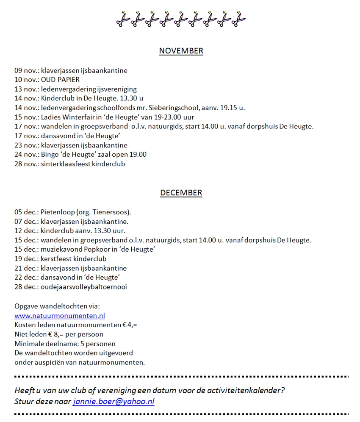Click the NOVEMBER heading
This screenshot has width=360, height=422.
[181, 51]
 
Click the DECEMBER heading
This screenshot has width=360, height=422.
[181, 193]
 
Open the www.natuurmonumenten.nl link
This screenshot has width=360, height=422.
[60, 316]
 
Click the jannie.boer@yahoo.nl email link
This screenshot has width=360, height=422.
[114, 401]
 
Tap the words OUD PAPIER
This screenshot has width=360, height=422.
[60, 80]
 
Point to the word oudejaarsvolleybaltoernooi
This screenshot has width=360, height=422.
[84, 287]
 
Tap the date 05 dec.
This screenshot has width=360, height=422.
[26, 212]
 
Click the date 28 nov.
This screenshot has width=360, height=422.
[27, 164]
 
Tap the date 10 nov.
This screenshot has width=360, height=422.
[27, 80]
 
